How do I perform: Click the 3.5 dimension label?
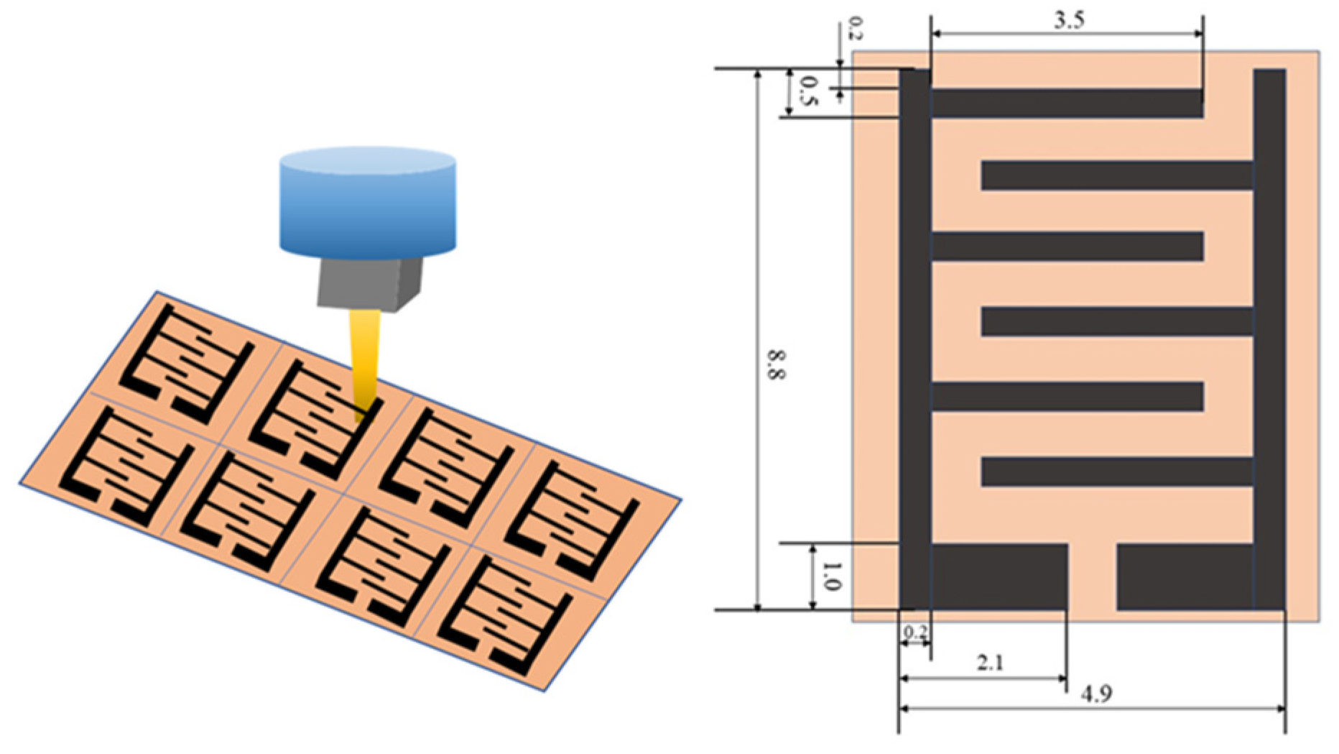[1068, 21]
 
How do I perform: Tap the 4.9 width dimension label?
[1096, 694]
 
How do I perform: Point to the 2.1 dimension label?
[990, 663]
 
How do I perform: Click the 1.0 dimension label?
[830, 576]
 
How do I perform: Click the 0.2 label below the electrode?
[914, 633]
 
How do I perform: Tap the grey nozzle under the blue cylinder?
[369, 284]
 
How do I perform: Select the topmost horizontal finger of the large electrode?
[1067, 104]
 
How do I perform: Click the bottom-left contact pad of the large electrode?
[999, 577]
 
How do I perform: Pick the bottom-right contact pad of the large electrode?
[1185, 577]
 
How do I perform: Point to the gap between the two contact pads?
[1092, 577]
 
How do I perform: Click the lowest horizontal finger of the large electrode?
[1117, 472]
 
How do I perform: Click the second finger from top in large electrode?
[1117, 176]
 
